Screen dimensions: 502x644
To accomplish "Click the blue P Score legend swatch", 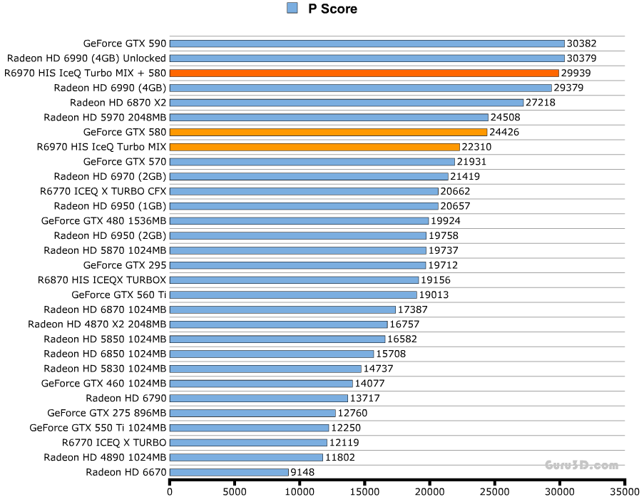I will [292, 9].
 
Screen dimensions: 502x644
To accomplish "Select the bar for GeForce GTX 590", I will [367, 43].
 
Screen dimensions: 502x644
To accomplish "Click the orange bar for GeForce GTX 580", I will [328, 132].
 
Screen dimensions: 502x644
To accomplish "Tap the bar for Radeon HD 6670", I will [229, 472].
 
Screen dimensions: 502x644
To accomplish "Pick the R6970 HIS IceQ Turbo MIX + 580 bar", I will [364, 73].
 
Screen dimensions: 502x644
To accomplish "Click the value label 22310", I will [477, 147].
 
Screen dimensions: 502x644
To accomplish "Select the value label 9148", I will [302, 472].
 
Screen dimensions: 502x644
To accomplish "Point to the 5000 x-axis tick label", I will [235, 491].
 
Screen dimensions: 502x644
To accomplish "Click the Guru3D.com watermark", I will [581, 466].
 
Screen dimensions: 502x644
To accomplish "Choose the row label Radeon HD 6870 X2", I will [118, 103].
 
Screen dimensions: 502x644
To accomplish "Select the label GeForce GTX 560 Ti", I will [118, 294].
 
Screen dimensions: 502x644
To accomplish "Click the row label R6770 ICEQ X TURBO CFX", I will [103, 191].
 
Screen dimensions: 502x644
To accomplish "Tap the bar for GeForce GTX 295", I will [297, 265].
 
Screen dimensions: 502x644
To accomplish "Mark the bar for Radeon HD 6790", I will [258, 398].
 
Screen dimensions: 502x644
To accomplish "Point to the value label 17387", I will [413, 309].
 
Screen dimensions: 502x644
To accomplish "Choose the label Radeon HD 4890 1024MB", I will [105, 457].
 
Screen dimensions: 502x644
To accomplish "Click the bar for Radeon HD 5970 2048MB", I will [329, 117].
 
